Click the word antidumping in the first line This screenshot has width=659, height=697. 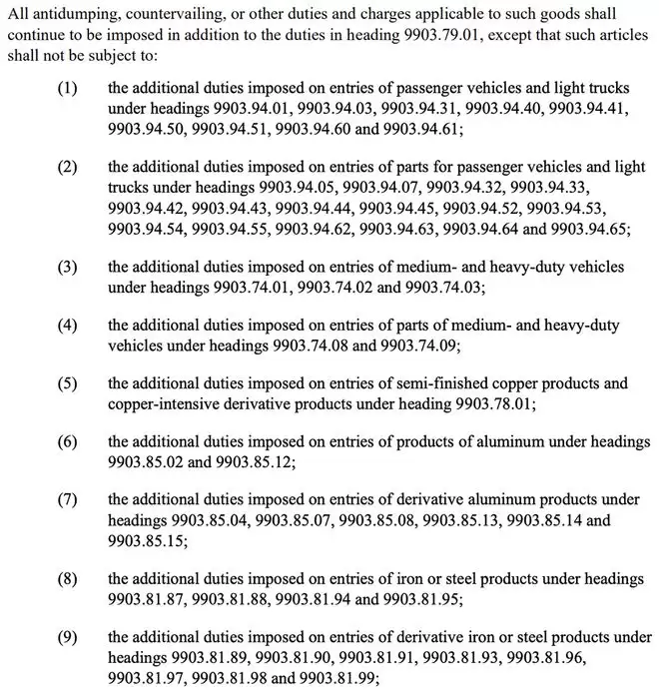point(67,13)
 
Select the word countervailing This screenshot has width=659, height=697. point(164,13)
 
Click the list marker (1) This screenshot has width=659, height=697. point(67,89)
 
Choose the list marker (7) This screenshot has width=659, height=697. point(67,499)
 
